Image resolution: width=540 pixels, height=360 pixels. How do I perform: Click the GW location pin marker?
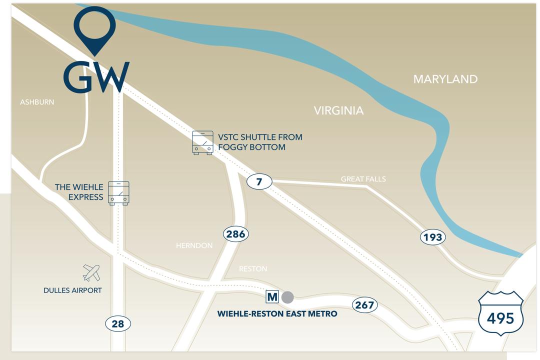(95, 27)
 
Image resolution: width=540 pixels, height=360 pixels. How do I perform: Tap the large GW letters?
(96, 77)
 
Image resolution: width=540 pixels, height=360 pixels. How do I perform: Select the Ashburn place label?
(37, 102)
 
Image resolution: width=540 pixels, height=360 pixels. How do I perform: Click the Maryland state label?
(445, 79)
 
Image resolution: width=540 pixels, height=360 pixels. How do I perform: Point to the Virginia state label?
(338, 110)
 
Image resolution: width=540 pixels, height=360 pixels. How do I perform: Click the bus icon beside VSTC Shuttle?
(202, 142)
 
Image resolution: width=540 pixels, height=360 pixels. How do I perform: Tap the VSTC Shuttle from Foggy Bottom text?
(260, 142)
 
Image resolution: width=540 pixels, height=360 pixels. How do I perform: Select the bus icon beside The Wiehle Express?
(118, 193)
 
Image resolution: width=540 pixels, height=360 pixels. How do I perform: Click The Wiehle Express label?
(79, 192)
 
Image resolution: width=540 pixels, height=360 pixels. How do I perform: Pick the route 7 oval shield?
(259, 182)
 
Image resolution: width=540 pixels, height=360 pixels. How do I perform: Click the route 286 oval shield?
(235, 233)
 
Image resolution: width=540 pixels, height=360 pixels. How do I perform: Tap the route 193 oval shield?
(432, 237)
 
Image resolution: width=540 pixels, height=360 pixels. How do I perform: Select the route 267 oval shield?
(364, 305)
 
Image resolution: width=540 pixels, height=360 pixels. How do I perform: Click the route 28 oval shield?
(118, 324)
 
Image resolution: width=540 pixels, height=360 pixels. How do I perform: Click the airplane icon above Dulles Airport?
(91, 273)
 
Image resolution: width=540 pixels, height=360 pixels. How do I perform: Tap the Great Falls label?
(363, 179)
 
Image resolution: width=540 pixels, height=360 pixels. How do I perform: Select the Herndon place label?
(194, 245)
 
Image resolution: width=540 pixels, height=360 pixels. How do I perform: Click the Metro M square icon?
(272, 297)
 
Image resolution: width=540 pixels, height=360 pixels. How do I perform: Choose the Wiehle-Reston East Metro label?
(277, 314)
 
